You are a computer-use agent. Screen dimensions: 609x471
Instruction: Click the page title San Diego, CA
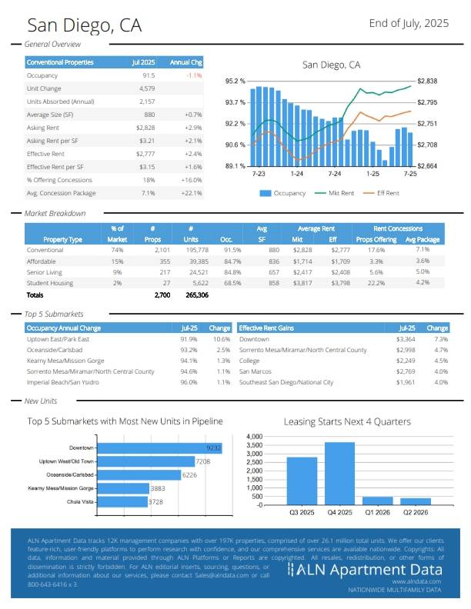tap(82, 25)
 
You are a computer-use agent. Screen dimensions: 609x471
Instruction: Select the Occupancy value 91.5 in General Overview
tap(149, 75)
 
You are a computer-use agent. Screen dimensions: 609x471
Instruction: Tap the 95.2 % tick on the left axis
tap(235, 81)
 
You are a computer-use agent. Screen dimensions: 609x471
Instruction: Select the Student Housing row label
tap(51, 282)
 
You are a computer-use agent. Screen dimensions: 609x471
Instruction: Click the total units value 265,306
tap(197, 295)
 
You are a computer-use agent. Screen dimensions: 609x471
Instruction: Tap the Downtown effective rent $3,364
tap(405, 339)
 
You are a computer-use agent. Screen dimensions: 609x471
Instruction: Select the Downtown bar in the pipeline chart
tap(162, 447)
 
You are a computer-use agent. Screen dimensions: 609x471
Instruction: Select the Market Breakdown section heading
tap(55, 213)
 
